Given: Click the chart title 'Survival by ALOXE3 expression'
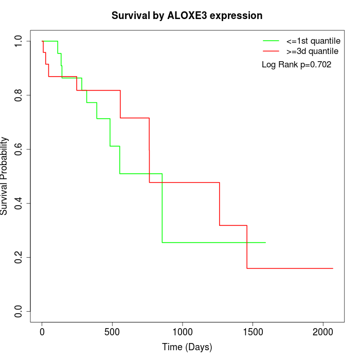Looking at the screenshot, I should click(x=187, y=15).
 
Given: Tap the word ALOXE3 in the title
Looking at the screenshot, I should click(x=188, y=15).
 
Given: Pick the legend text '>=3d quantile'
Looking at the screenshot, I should click(x=313, y=51).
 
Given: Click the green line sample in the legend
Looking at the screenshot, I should click(x=271, y=40).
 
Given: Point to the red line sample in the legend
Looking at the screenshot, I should click(x=271, y=51).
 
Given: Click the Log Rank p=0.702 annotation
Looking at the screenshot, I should click(x=296, y=65).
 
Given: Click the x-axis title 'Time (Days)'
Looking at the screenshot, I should click(x=187, y=347).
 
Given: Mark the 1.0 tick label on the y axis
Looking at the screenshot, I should click(x=19, y=41).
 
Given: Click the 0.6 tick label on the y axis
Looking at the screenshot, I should click(x=19, y=149).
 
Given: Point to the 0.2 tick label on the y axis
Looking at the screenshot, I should click(x=19, y=257).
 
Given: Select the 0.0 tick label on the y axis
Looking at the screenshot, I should click(x=19, y=311).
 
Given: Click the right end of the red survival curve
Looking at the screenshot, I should click(x=333, y=268).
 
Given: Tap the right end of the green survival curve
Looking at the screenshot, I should click(x=265, y=242).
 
